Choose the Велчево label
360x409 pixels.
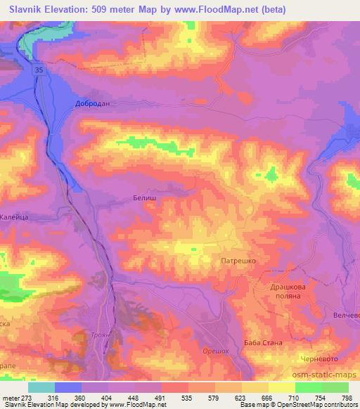click(346, 315)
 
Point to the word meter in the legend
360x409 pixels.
click(11, 397)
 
